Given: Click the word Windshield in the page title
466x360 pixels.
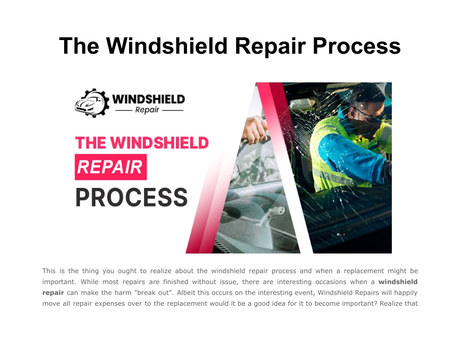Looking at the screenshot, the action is (167, 46).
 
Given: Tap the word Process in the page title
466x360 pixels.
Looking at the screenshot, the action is (357, 46).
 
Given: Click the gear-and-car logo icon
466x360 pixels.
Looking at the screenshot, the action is (92, 103).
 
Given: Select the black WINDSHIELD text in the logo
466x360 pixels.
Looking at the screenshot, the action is (149, 99).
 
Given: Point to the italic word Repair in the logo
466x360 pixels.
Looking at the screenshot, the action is (147, 110).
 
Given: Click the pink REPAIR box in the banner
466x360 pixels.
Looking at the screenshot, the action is (111, 167).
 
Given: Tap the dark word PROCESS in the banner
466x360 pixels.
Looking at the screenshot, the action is (132, 197).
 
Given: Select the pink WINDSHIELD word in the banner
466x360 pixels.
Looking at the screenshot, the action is (159, 143).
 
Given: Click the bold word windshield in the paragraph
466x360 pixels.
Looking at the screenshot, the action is (398, 282).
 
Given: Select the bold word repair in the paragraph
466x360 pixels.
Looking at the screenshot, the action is (53, 293).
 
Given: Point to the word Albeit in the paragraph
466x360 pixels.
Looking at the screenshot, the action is (186, 293).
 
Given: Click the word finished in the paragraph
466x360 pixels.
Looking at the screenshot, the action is (176, 282).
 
